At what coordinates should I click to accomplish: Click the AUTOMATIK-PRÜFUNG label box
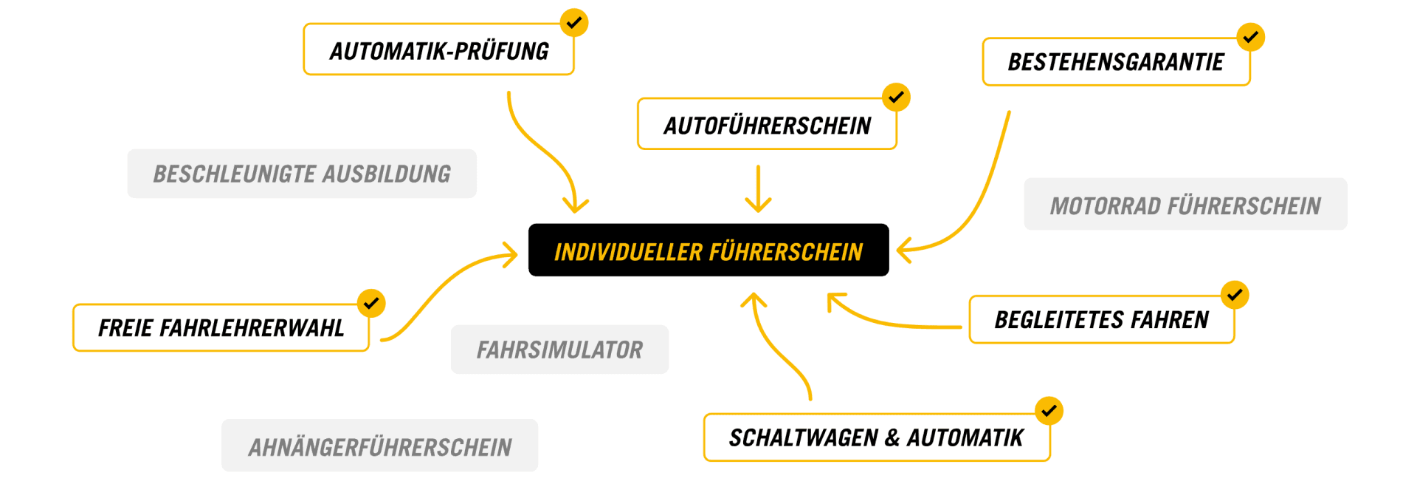coord(438,50)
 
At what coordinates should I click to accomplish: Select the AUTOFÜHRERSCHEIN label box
coord(767,125)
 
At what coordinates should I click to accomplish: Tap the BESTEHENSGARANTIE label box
coord(1115,62)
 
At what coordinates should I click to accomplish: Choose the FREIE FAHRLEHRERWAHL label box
coord(221,327)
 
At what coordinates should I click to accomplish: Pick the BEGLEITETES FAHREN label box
coord(1101,319)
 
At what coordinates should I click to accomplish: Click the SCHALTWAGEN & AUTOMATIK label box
coord(876,437)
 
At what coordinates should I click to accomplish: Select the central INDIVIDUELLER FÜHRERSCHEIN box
coord(708,250)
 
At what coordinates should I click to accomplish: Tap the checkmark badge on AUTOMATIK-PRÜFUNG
coord(573,22)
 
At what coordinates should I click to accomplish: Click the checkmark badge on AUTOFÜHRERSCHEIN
coord(896,97)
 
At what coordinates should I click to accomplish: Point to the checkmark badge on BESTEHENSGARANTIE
coord(1251,37)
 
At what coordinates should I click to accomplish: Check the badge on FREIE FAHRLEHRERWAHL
coord(371,303)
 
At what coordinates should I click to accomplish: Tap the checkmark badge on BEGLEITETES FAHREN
coord(1235,295)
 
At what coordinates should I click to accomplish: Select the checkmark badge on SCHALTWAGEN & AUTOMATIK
coord(1049,411)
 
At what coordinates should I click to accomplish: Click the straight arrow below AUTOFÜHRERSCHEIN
coord(758,188)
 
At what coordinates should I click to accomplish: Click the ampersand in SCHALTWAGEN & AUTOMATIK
coord(892,438)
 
